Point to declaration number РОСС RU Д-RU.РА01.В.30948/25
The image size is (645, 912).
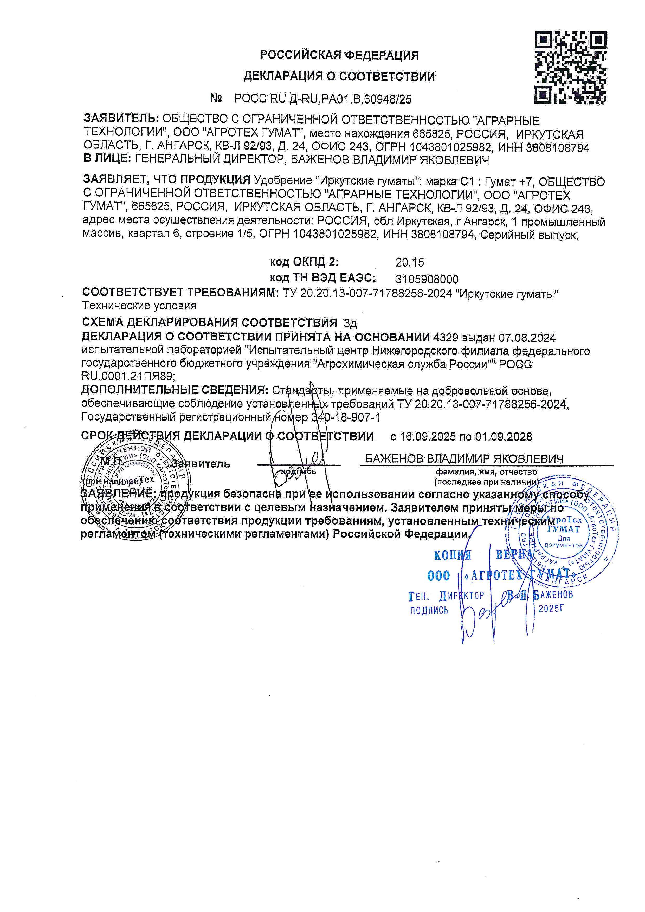(x=323, y=99)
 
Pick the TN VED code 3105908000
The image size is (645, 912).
(x=427, y=279)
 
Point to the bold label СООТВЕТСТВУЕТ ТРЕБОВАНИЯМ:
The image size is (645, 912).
(x=181, y=293)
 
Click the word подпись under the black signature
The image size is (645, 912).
(x=298, y=471)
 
